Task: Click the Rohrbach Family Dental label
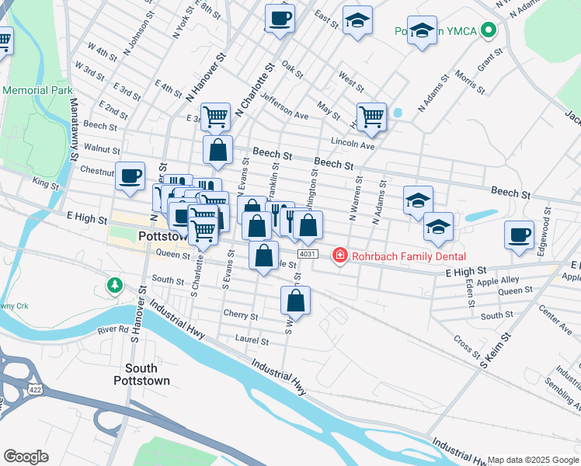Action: click(408, 256)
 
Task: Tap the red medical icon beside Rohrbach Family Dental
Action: click(339, 255)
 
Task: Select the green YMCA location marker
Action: click(488, 31)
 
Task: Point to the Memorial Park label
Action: click(37, 90)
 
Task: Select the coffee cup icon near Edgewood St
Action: click(519, 235)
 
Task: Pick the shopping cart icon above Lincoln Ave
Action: click(372, 116)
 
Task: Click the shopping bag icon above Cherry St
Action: click(295, 300)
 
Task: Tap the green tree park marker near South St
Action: click(115, 285)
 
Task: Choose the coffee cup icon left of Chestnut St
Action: click(130, 175)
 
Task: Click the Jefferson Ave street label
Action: click(284, 107)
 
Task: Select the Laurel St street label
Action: click(252, 340)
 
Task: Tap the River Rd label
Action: click(113, 329)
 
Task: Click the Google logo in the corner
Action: click(26, 457)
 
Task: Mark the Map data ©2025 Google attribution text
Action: click(532, 460)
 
